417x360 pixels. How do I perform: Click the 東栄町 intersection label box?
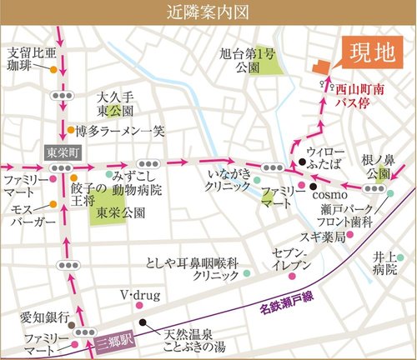(60, 152)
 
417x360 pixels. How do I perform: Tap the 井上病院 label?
(385, 266)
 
